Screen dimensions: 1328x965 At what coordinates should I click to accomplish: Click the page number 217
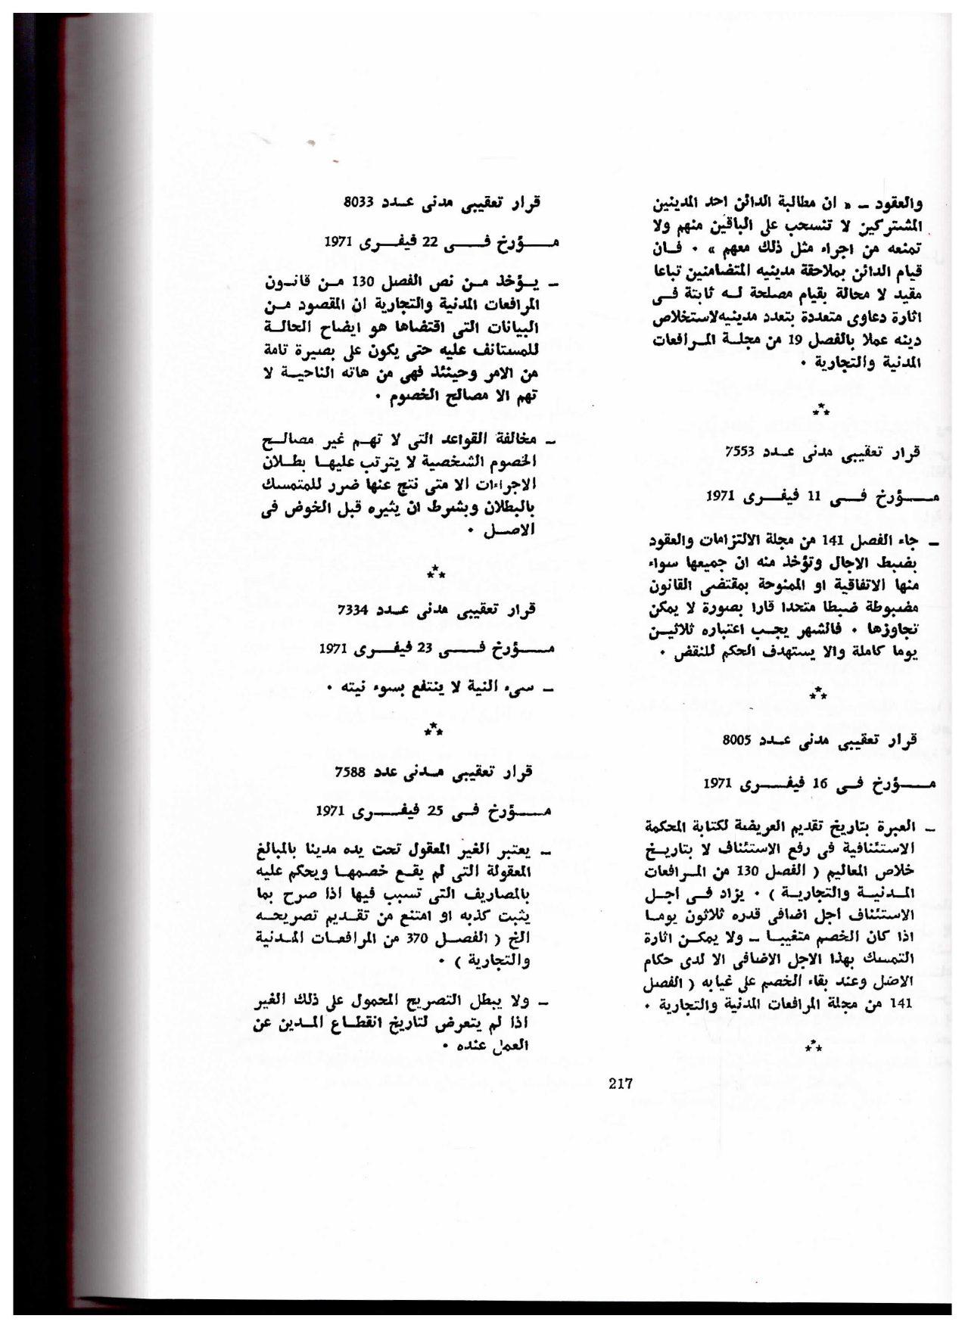pyautogui.click(x=620, y=1083)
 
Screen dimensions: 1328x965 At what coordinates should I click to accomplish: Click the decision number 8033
pyautogui.click(x=355, y=202)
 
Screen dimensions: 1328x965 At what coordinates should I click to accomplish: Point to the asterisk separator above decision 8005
pyautogui.click(x=817, y=693)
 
